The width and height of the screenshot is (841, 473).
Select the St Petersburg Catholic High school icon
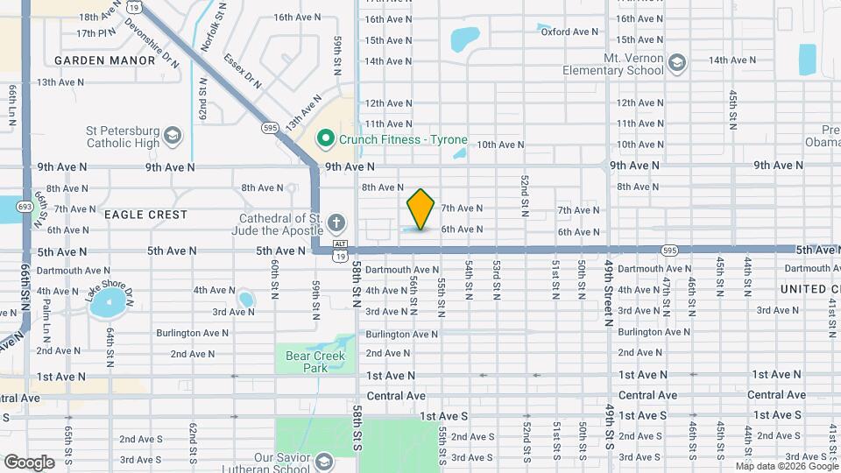173,135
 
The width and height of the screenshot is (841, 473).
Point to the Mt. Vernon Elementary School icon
676,62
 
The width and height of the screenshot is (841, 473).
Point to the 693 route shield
25,206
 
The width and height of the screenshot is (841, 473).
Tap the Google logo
29,462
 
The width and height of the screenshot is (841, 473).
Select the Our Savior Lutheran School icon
324,462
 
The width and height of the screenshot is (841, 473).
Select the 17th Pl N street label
96,33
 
